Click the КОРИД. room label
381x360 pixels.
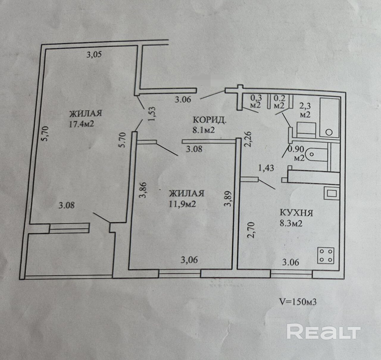click(210, 120)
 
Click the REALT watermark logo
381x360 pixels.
click(324, 332)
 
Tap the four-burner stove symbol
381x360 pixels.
click(326, 255)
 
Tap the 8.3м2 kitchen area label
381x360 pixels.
click(291, 223)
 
